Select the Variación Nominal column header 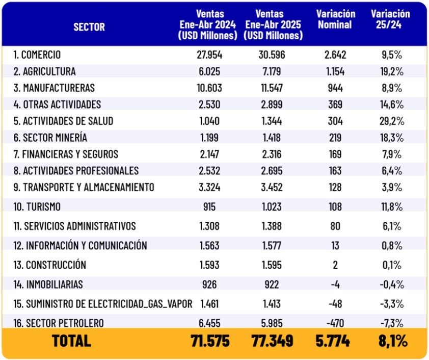tap(335, 19)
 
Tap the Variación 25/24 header tap(390, 19)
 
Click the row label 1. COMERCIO tap(37, 55)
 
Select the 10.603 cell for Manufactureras tap(209, 88)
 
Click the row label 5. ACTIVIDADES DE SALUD tap(63, 121)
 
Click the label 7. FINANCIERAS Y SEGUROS tap(66, 155)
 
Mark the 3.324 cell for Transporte tap(209, 188)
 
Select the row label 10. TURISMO tap(37, 207)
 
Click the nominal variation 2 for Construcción tap(335, 265)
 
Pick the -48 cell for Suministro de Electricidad tap(335, 304)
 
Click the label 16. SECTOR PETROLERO tap(59, 323)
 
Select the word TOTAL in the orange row tap(71, 341)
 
